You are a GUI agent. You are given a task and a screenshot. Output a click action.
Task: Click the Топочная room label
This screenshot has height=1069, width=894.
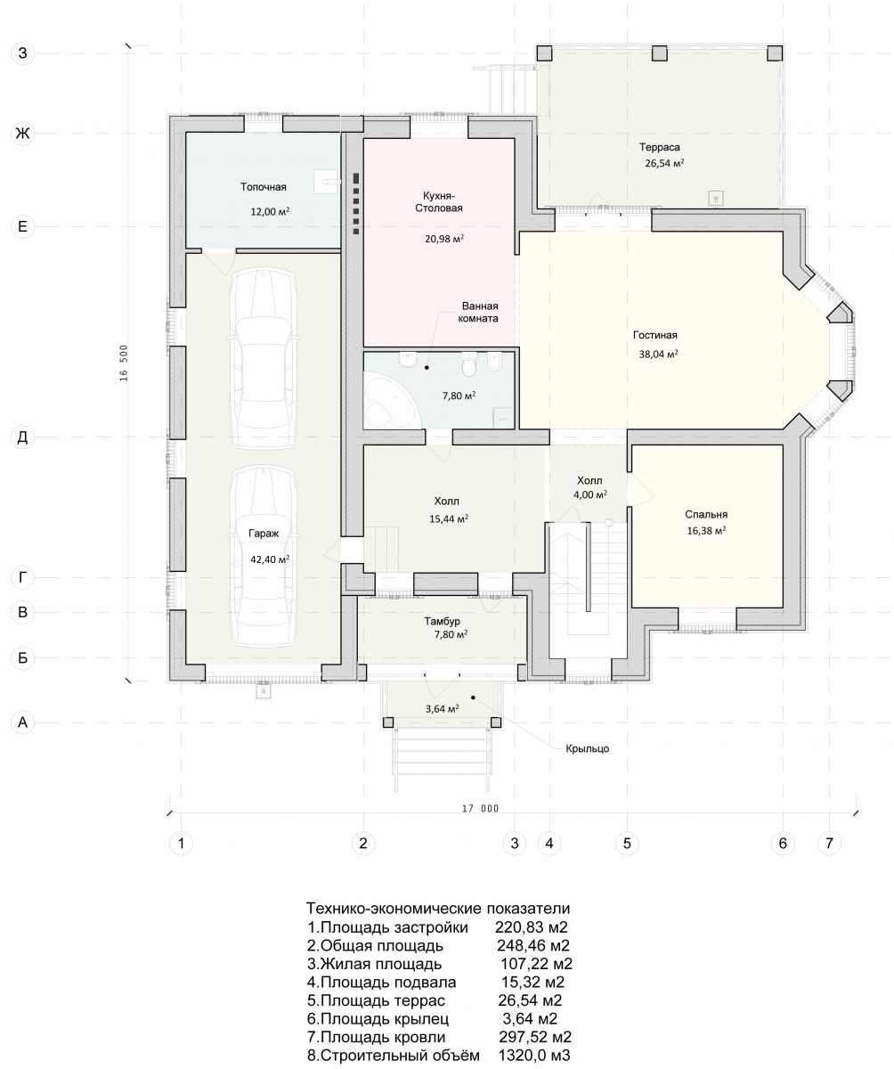(x=263, y=187)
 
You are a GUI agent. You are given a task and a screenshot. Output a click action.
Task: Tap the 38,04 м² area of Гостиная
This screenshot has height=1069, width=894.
(x=658, y=354)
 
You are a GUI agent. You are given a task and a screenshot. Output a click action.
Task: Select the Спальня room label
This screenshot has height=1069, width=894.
(x=706, y=514)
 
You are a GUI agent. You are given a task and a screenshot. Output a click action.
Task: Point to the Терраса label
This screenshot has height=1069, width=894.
(x=660, y=148)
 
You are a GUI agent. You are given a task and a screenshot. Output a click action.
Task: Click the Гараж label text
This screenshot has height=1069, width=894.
(x=264, y=534)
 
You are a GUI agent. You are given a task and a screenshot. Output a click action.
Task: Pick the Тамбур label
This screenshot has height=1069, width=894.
(x=443, y=621)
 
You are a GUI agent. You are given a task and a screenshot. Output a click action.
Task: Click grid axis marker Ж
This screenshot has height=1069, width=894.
(x=22, y=134)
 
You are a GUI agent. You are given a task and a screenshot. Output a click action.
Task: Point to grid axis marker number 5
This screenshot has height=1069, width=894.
(x=628, y=844)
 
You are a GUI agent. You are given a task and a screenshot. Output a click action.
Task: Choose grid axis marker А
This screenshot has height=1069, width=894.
(x=22, y=722)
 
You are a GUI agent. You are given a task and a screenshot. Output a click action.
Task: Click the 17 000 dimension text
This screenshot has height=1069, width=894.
(x=480, y=809)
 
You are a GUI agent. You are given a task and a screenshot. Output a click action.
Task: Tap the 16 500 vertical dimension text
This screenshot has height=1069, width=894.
(x=124, y=363)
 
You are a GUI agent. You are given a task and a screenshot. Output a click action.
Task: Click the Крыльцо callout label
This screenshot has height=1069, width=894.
(x=588, y=748)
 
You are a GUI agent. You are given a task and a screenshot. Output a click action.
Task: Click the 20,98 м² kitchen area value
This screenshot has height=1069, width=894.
(x=444, y=239)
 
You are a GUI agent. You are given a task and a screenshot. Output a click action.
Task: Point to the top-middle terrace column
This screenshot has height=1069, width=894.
(x=660, y=53)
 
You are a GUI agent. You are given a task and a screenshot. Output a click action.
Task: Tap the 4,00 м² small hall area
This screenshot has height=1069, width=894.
(x=590, y=494)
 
